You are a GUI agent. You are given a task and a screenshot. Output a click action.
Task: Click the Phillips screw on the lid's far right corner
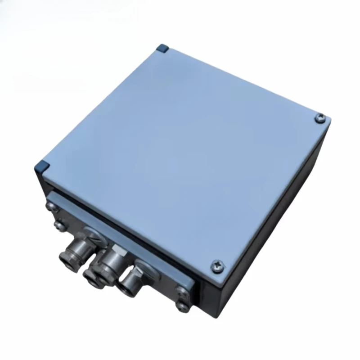click(x=320, y=117)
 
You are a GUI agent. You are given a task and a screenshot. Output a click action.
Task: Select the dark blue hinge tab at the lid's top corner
click(x=162, y=48)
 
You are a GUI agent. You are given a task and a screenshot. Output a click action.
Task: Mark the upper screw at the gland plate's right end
click(x=181, y=291)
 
